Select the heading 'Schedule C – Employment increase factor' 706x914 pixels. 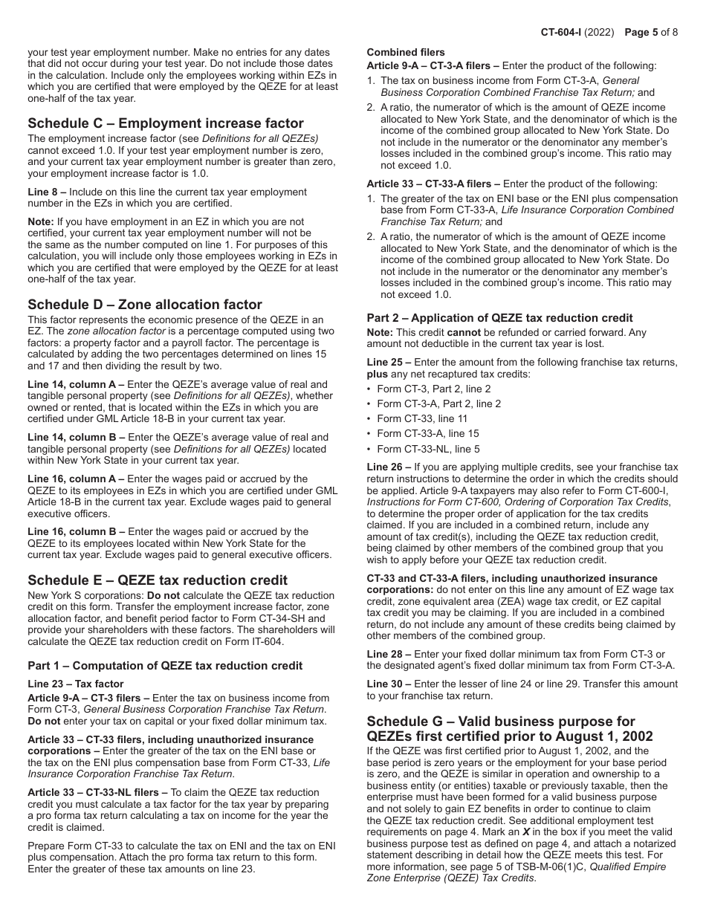pos(165,123)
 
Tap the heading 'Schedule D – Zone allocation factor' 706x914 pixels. pos(144,304)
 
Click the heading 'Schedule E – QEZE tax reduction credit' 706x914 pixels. pos(157,580)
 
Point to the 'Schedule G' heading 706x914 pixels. pos(501,728)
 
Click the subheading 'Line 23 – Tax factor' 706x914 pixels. pos(76,684)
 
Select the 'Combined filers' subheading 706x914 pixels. pos(406,53)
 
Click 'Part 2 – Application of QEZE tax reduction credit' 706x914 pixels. pos(499,317)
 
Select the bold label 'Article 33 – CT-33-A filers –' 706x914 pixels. pos(433,184)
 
